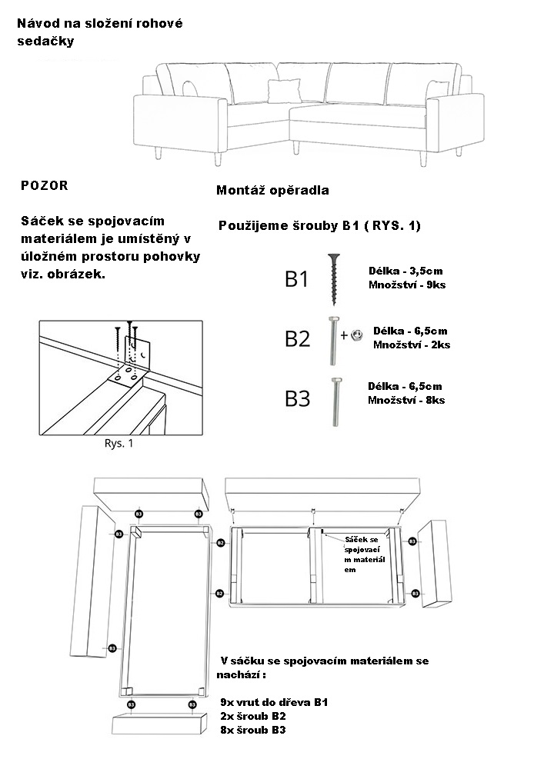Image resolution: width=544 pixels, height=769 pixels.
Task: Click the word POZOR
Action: [45, 186]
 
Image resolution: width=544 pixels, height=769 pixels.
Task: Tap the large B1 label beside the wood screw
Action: [297, 279]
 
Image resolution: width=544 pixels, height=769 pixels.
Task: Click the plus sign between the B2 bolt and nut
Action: [344, 335]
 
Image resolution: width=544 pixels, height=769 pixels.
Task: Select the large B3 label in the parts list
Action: [298, 398]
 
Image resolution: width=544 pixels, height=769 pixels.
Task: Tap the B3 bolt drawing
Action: [336, 401]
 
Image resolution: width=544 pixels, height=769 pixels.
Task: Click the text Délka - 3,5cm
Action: [405, 271]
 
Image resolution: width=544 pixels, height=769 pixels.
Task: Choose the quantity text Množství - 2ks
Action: [412, 345]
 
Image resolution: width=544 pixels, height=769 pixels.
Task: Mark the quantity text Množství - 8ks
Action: [406, 400]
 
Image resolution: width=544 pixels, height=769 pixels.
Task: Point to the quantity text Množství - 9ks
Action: [407, 285]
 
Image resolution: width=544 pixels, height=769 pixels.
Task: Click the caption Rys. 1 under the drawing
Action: [118, 443]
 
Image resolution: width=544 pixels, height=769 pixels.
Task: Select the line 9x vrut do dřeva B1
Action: [273, 702]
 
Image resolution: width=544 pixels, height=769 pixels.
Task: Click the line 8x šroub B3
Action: [252, 730]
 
